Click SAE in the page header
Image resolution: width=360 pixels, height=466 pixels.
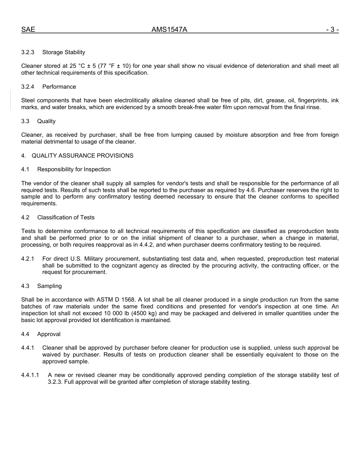click(28, 30)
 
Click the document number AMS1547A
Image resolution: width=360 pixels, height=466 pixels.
click(169, 30)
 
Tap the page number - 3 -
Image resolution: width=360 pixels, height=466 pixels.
click(332, 30)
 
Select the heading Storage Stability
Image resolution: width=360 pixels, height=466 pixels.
click(64, 52)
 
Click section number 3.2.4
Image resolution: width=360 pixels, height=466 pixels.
click(28, 87)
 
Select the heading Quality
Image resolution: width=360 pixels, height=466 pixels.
click(46, 121)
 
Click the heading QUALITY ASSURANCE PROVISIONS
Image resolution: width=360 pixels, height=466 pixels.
click(82, 156)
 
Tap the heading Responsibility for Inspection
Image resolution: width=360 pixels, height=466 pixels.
click(74, 169)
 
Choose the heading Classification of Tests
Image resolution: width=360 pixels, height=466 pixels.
click(66, 217)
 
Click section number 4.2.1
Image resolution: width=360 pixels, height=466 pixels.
click(28, 259)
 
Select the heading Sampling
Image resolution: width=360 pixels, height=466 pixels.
click(49, 286)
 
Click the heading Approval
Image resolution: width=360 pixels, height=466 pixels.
click(49, 334)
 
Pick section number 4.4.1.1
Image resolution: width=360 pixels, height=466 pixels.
click(30, 375)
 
